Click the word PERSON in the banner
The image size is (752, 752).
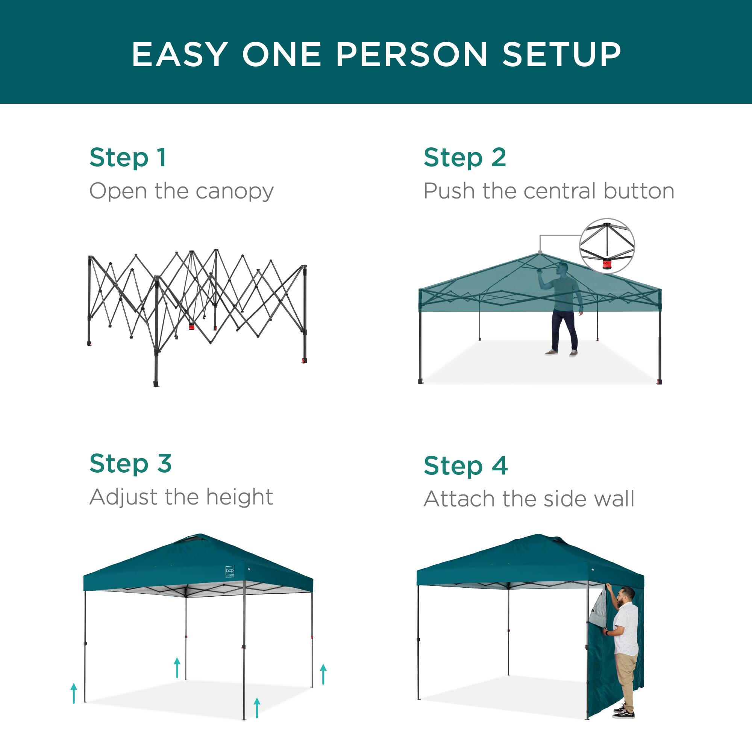pyautogui.click(x=411, y=54)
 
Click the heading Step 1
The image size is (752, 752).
pyautogui.click(x=128, y=158)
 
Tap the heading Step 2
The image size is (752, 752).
pyautogui.click(x=465, y=158)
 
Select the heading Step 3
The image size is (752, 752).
pyautogui.click(x=130, y=464)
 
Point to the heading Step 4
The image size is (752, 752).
pyautogui.click(x=465, y=465)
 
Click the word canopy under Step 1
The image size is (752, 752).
pyautogui.click(x=235, y=191)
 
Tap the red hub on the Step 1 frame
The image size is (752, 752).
pyautogui.click(x=191, y=326)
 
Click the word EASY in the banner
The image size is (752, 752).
pyautogui.click(x=180, y=54)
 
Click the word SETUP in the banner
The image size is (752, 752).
pyautogui.click(x=562, y=54)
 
